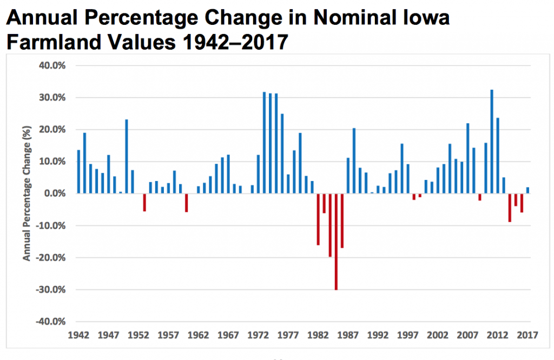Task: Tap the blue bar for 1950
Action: (x=127, y=156)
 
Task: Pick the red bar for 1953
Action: (x=144, y=202)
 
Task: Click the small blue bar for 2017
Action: (x=528, y=190)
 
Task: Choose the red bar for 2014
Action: (x=510, y=208)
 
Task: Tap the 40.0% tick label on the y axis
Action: (x=53, y=65)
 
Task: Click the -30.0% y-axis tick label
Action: (x=52, y=289)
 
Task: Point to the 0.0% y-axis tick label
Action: (x=54, y=194)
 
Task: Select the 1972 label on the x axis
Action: (x=259, y=335)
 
